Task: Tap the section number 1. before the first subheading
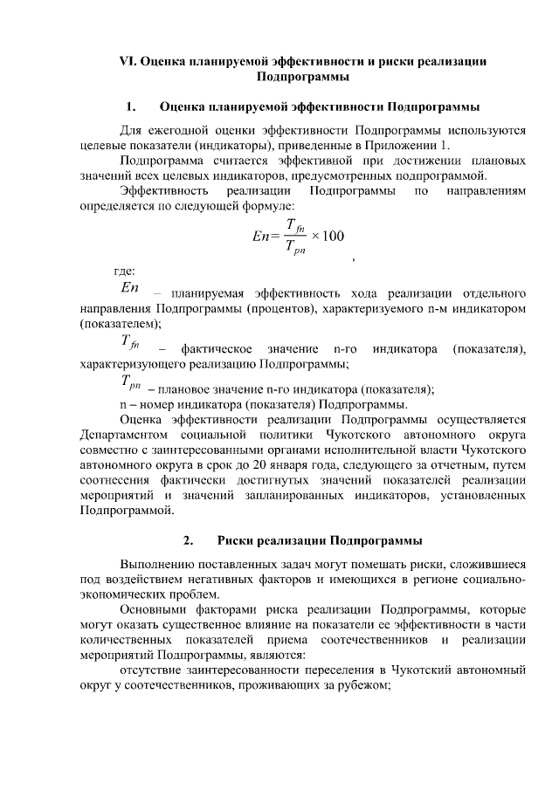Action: [x=130, y=108]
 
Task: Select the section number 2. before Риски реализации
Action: [x=190, y=538]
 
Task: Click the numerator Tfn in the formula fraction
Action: [x=293, y=224]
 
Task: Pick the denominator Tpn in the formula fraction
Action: [x=293, y=247]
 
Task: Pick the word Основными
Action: [x=152, y=608]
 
